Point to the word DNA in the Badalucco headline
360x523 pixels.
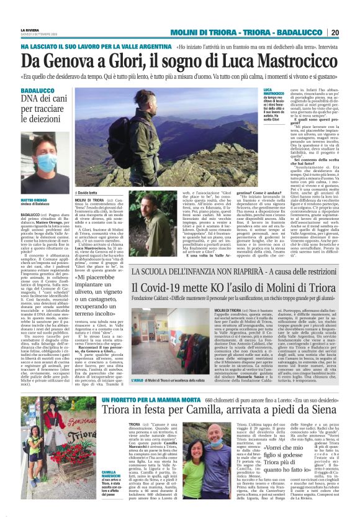[29, 98]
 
